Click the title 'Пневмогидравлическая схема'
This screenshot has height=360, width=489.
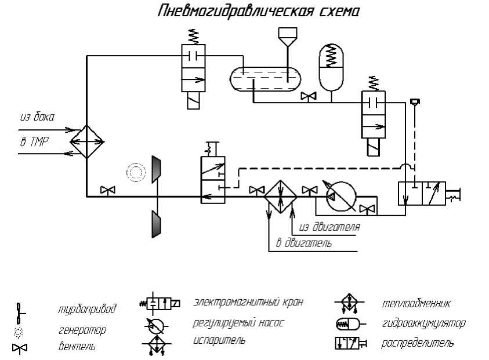[259, 11]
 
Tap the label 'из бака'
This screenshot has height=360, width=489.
[37, 117]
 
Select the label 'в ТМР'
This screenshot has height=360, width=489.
[35, 142]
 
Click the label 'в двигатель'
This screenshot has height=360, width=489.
[304, 243]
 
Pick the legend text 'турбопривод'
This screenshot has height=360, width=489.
[87, 309]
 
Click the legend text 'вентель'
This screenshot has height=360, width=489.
[77, 347]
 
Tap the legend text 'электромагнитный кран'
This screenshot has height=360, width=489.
[248, 302]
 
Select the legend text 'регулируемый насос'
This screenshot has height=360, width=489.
[238, 323]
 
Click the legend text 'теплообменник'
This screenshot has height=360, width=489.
[416, 303]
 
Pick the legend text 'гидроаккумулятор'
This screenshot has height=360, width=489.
[423, 323]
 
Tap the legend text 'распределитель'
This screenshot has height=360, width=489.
[418, 343]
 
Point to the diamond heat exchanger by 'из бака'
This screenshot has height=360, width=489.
[86, 141]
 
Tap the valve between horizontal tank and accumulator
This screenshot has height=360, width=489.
[308, 96]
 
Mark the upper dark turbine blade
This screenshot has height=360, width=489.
[156, 169]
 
